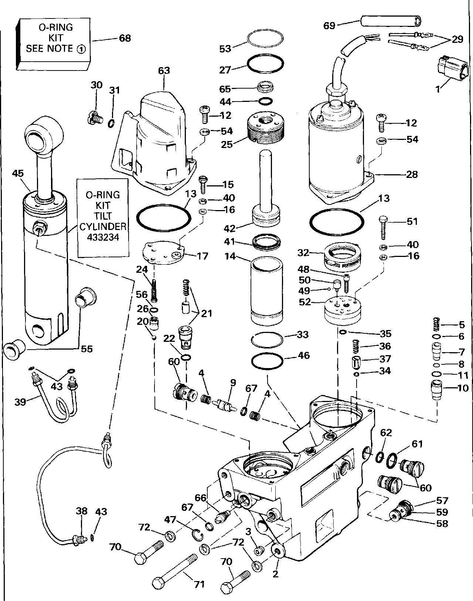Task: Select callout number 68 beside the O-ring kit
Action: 125,38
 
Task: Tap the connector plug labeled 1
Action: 447,69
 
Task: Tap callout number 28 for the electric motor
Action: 412,174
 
